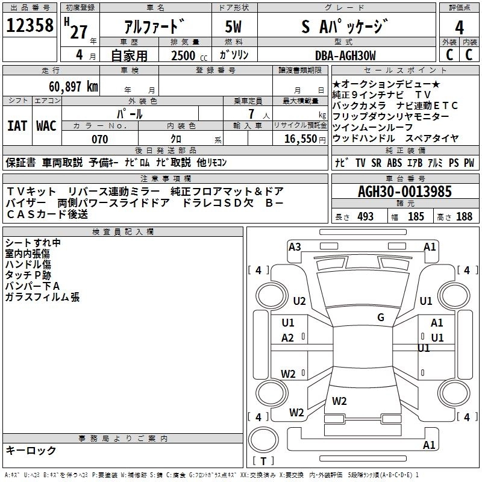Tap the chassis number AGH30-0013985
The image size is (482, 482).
[x=405, y=192]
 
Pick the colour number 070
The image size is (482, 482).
[x=99, y=139]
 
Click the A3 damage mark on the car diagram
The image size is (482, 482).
[x=295, y=246]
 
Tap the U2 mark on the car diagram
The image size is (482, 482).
[x=299, y=301]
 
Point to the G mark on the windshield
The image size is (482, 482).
[x=381, y=318]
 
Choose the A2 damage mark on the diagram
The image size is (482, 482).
[x=288, y=338]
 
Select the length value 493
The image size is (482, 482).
[x=365, y=217]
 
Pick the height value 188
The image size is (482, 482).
[x=464, y=217]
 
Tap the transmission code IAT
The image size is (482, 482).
[x=17, y=126]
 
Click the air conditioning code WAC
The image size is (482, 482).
[x=46, y=126]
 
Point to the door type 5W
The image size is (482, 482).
[x=233, y=27]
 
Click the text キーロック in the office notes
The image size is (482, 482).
[x=31, y=451]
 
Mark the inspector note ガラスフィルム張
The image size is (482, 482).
[x=42, y=297]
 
